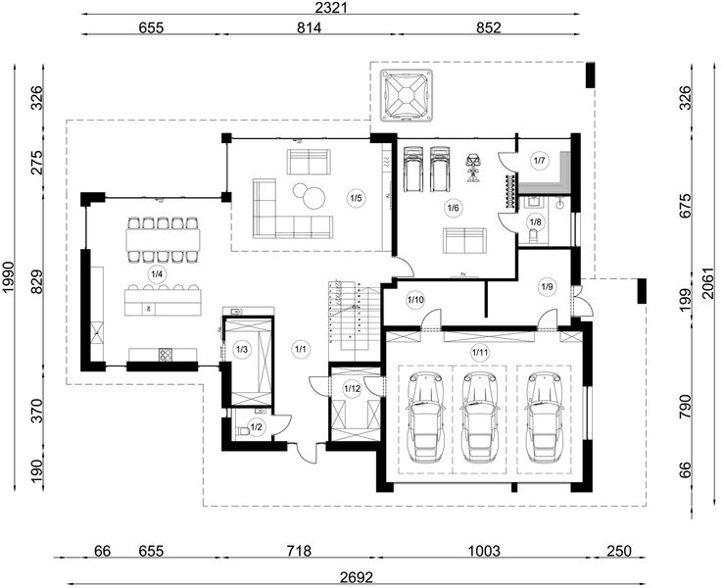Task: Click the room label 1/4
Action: [x=157, y=274]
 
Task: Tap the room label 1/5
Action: [x=356, y=199]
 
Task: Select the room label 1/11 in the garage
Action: [x=480, y=353]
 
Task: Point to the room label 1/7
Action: [x=539, y=161]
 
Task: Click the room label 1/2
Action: [x=257, y=427]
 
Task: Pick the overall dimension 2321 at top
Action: [x=330, y=8]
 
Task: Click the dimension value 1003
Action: [x=484, y=551]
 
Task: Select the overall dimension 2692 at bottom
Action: [x=357, y=577]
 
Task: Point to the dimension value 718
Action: [x=299, y=551]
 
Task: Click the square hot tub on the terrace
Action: [x=407, y=96]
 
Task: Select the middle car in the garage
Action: [x=479, y=417]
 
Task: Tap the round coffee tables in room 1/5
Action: [x=309, y=194]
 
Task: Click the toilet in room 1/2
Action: [x=243, y=431]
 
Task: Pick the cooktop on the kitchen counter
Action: [x=166, y=355]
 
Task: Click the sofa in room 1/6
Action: [x=464, y=240]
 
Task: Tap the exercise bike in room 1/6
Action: [x=472, y=168]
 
